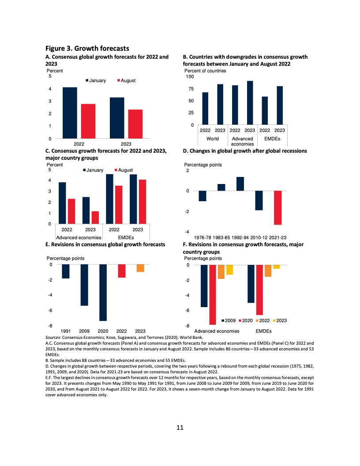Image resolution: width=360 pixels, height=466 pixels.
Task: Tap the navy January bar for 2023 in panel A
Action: pyautogui.click(x=116, y=117)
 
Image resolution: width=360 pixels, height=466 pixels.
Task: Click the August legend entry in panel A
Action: pyautogui.click(x=128, y=80)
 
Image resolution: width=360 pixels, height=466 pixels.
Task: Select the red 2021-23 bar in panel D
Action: pyautogui.click(x=278, y=208)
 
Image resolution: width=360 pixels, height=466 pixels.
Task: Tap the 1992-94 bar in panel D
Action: pyautogui.click(x=240, y=184)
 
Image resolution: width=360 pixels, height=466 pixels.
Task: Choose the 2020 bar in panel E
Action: pyautogui.click(x=103, y=293)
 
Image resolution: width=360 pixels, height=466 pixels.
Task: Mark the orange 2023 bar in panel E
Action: pyautogui.click(x=140, y=268)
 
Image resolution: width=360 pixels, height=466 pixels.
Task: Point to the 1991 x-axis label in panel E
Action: pyautogui.click(x=66, y=331)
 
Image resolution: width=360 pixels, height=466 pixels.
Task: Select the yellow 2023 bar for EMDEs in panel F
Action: pyautogui.click(x=277, y=267)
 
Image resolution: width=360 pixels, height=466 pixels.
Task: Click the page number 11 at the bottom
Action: pyautogui.click(x=180, y=428)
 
